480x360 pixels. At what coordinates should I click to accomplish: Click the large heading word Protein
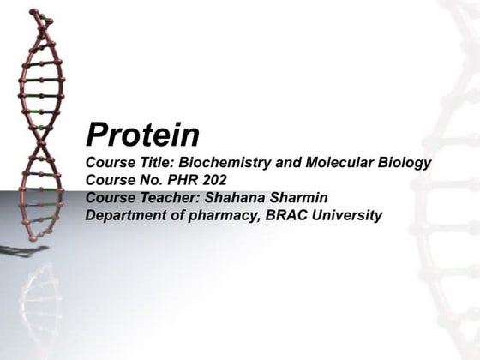[142, 135]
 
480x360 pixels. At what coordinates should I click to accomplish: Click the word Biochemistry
[220, 163]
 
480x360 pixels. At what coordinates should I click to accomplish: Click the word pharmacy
[229, 214]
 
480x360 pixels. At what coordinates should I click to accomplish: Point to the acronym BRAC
[291, 214]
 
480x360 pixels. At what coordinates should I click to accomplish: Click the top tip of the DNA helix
[34, 12]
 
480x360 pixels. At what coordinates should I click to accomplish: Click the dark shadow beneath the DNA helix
[21, 250]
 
